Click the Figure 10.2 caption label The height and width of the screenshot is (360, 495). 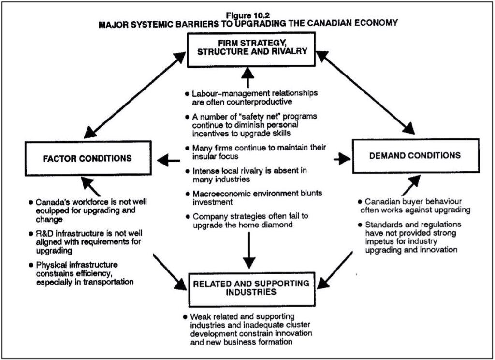click(247, 15)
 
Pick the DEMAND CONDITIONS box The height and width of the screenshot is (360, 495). click(415, 156)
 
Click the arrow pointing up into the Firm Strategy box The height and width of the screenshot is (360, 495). click(247, 77)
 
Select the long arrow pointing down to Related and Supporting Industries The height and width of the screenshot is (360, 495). click(248, 249)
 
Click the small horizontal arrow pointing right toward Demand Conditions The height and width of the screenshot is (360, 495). click(341, 159)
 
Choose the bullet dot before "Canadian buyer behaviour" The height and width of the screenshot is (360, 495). click(360, 201)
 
